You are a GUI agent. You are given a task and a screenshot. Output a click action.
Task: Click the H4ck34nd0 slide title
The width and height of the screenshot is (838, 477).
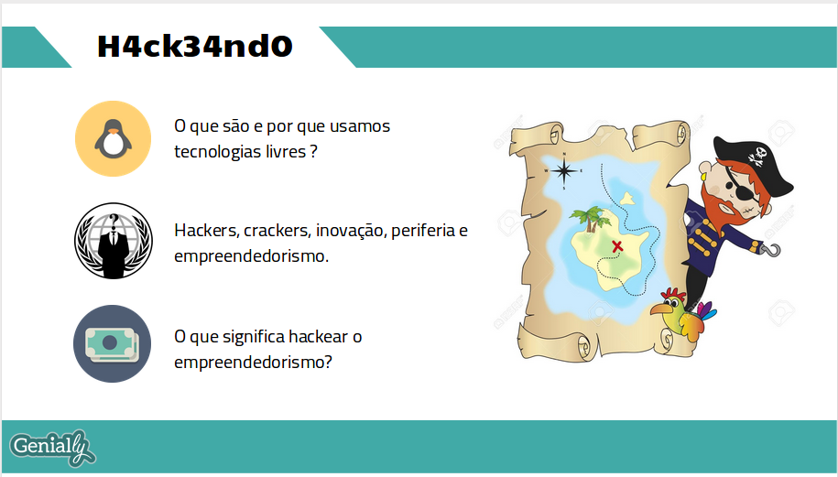(195, 46)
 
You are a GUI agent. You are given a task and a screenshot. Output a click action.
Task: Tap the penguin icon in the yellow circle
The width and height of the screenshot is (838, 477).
(114, 138)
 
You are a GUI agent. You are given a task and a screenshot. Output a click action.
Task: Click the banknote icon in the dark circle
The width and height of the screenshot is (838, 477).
(113, 343)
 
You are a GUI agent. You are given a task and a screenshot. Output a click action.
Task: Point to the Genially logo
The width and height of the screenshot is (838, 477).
(52, 448)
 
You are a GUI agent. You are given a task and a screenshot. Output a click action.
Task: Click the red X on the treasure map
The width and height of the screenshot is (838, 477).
(617, 246)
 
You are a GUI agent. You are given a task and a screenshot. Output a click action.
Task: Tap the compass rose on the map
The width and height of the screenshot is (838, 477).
(564, 171)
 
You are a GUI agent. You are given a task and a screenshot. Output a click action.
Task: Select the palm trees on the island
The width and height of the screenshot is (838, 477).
(591, 219)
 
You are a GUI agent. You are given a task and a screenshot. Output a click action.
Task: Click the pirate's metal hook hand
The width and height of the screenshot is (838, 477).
(771, 249)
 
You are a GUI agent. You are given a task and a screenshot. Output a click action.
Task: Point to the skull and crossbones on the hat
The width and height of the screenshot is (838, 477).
(757, 156)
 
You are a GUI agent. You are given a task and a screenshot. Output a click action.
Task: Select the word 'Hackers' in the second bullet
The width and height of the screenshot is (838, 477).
(206, 231)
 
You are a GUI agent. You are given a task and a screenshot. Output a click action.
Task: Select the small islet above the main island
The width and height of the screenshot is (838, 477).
(626, 199)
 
